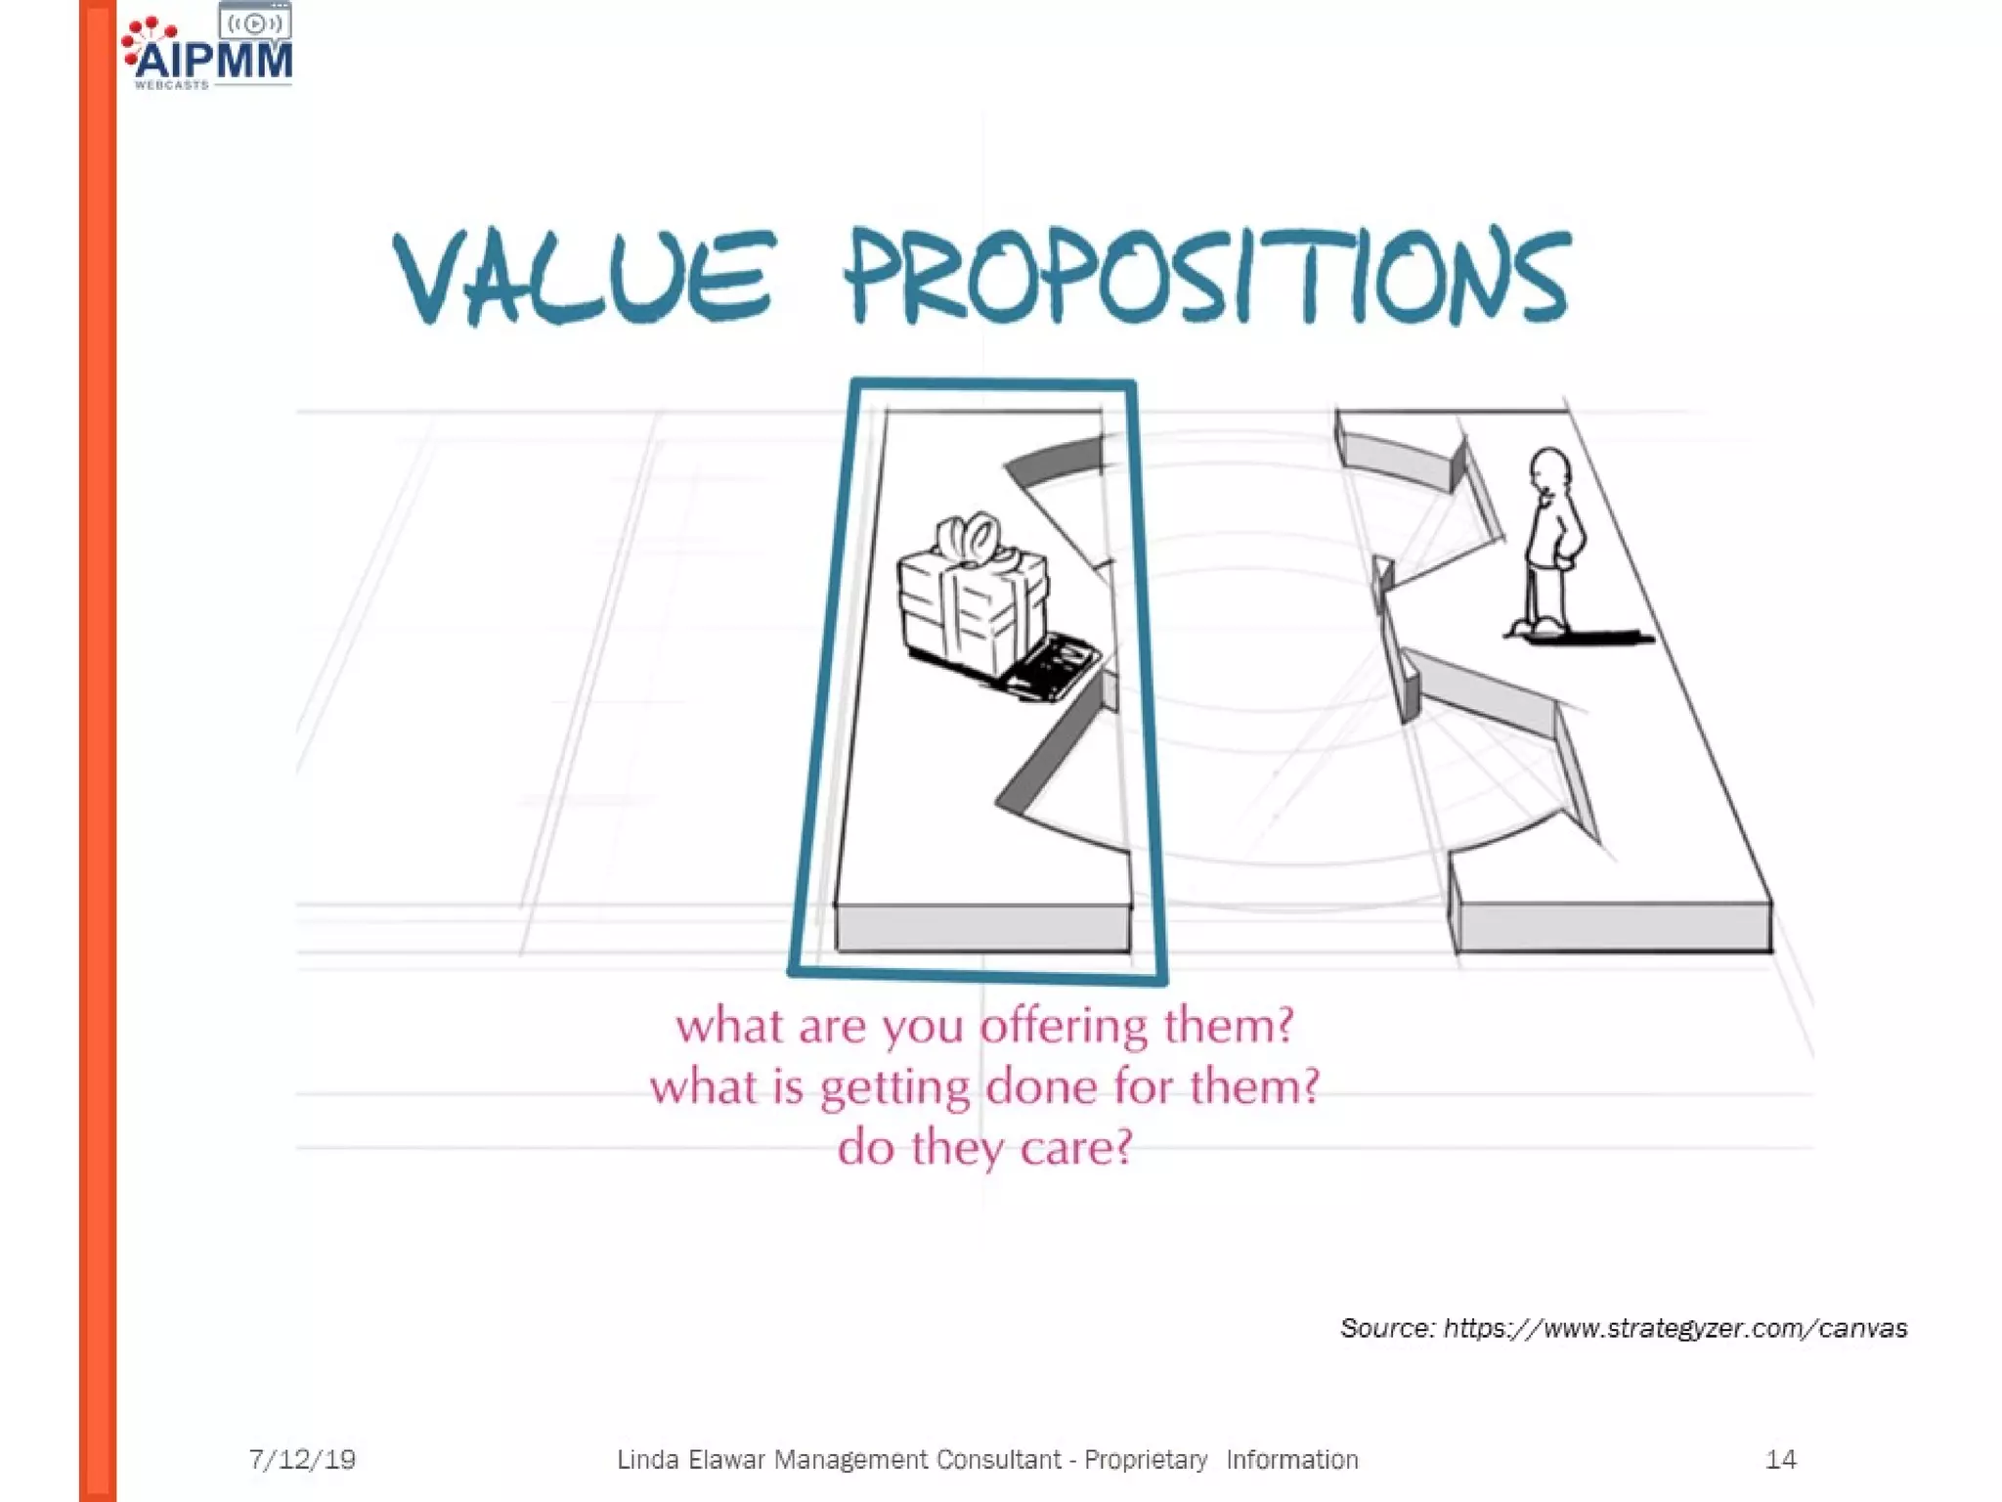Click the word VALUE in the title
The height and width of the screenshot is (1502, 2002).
(585, 277)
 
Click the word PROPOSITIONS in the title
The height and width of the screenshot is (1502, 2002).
(1208, 277)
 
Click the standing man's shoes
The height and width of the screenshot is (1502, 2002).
(1537, 627)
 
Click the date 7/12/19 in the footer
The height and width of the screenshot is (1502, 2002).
(302, 1460)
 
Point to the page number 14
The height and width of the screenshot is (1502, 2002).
(1780, 1460)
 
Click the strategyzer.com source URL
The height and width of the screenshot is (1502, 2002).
(1675, 1328)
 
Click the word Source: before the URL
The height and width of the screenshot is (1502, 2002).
(1387, 1328)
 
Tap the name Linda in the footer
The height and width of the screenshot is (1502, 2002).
(647, 1460)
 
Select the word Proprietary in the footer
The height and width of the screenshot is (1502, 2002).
(1146, 1460)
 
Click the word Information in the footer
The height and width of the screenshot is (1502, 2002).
(1291, 1460)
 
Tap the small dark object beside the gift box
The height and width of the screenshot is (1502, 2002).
(1054, 667)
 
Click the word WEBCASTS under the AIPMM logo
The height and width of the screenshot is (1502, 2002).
(172, 85)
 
